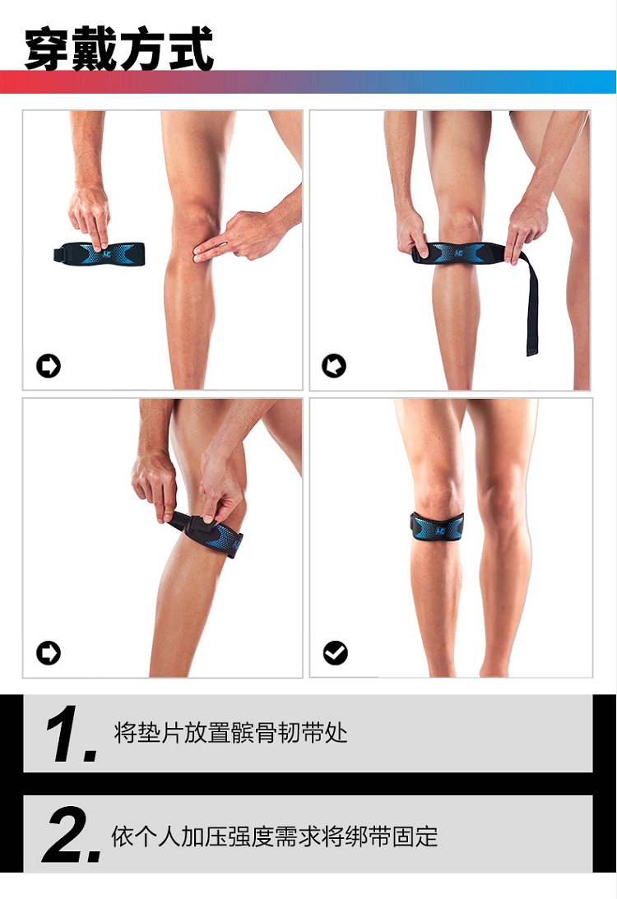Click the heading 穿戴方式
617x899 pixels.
[119, 49]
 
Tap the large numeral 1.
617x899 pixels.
[71, 734]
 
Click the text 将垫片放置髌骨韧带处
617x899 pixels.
[230, 733]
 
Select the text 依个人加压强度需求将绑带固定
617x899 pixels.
[274, 836]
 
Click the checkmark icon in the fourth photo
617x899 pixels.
[335, 652]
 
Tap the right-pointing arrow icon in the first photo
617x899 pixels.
[49, 366]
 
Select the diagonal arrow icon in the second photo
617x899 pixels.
[334, 366]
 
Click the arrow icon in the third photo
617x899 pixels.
[49, 652]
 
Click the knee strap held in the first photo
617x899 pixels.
[100, 253]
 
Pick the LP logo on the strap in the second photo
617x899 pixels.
[459, 253]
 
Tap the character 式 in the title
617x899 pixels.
[191, 49]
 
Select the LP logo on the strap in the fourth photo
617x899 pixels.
[440, 531]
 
